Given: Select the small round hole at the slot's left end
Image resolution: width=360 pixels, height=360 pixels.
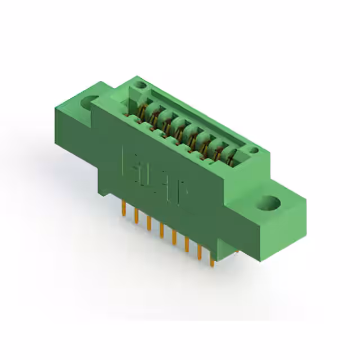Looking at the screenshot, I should point(141,85).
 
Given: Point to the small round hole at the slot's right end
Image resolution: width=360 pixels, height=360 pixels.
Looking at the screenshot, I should point(254,150).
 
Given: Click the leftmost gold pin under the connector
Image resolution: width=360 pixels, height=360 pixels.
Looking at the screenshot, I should point(123,209).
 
